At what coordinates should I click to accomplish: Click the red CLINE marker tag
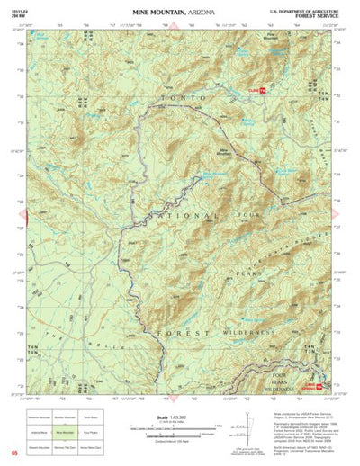coord(257,90)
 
